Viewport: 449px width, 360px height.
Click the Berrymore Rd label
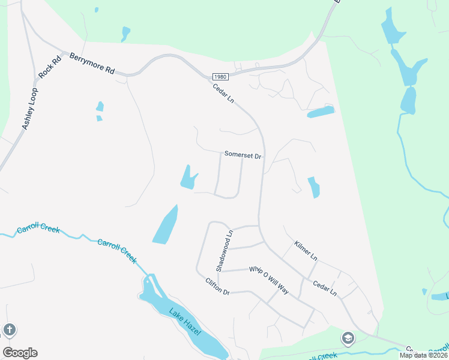tap(92, 62)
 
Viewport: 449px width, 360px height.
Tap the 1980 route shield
tap(220, 77)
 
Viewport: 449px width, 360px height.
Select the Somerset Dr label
tap(243, 155)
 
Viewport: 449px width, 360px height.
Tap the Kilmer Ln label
tap(306, 251)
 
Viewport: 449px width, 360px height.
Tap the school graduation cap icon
tap(348, 339)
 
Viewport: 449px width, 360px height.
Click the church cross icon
tap(9, 329)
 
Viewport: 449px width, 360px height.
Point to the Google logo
tap(20, 353)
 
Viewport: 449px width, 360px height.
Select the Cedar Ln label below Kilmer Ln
tap(325, 289)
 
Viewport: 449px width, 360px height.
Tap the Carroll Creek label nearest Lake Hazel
tap(117, 251)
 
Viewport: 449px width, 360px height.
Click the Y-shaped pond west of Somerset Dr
tap(189, 178)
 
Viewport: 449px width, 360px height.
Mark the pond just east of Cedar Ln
tap(313, 187)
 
